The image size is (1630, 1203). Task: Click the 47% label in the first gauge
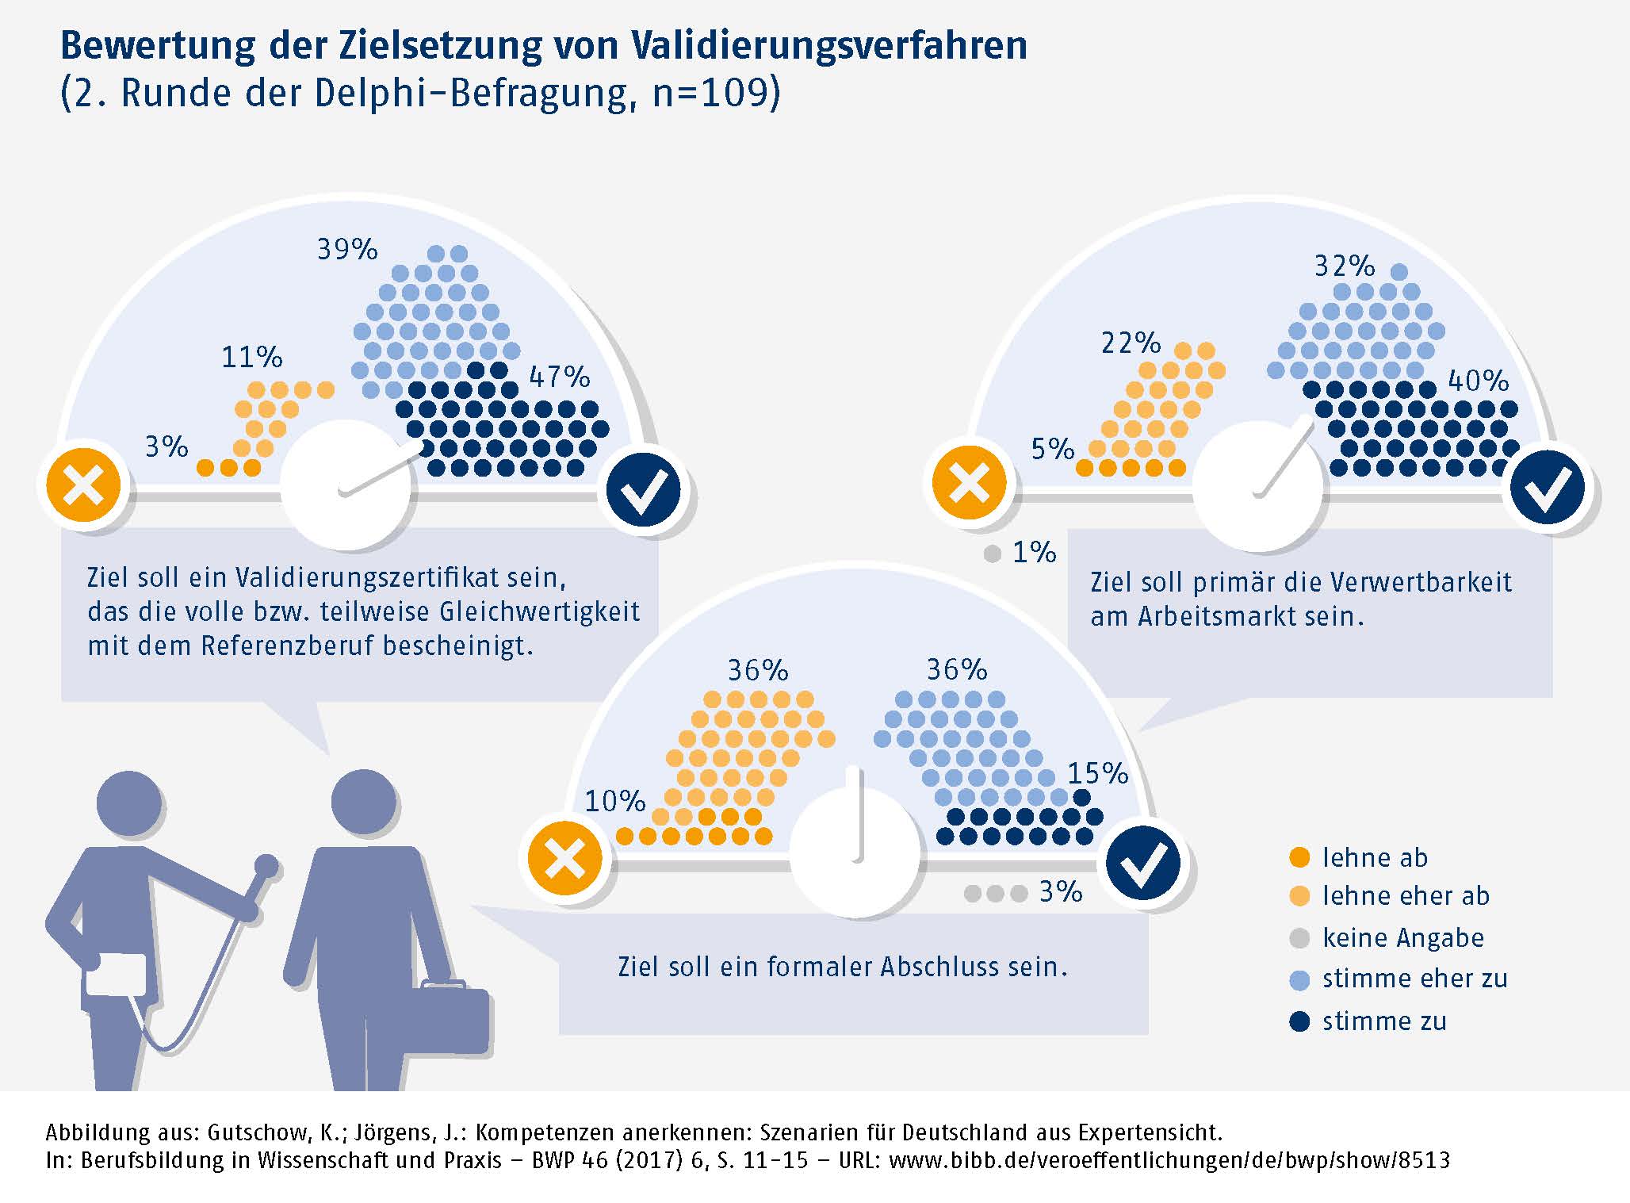click(560, 377)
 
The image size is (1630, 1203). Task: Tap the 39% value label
click(347, 250)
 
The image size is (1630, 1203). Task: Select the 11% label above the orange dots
click(251, 358)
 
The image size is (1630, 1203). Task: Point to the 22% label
click(1131, 343)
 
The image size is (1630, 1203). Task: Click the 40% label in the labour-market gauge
click(1478, 381)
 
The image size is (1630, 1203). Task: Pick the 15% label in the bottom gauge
click(1097, 773)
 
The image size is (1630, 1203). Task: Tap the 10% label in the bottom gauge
click(614, 801)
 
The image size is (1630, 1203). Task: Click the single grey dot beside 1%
click(992, 554)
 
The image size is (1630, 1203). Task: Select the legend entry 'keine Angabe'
click(1402, 938)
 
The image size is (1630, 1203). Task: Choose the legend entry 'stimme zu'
click(1383, 1021)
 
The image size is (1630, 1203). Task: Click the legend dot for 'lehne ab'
click(1299, 857)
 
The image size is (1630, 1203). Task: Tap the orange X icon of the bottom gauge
click(565, 858)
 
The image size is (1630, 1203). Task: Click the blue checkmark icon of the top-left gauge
click(643, 488)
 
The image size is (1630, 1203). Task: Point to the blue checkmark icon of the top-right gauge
click(1548, 487)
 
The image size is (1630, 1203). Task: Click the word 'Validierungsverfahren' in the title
click(828, 45)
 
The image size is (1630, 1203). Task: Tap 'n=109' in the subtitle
click(709, 93)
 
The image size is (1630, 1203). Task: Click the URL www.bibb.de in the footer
click(1169, 1160)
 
